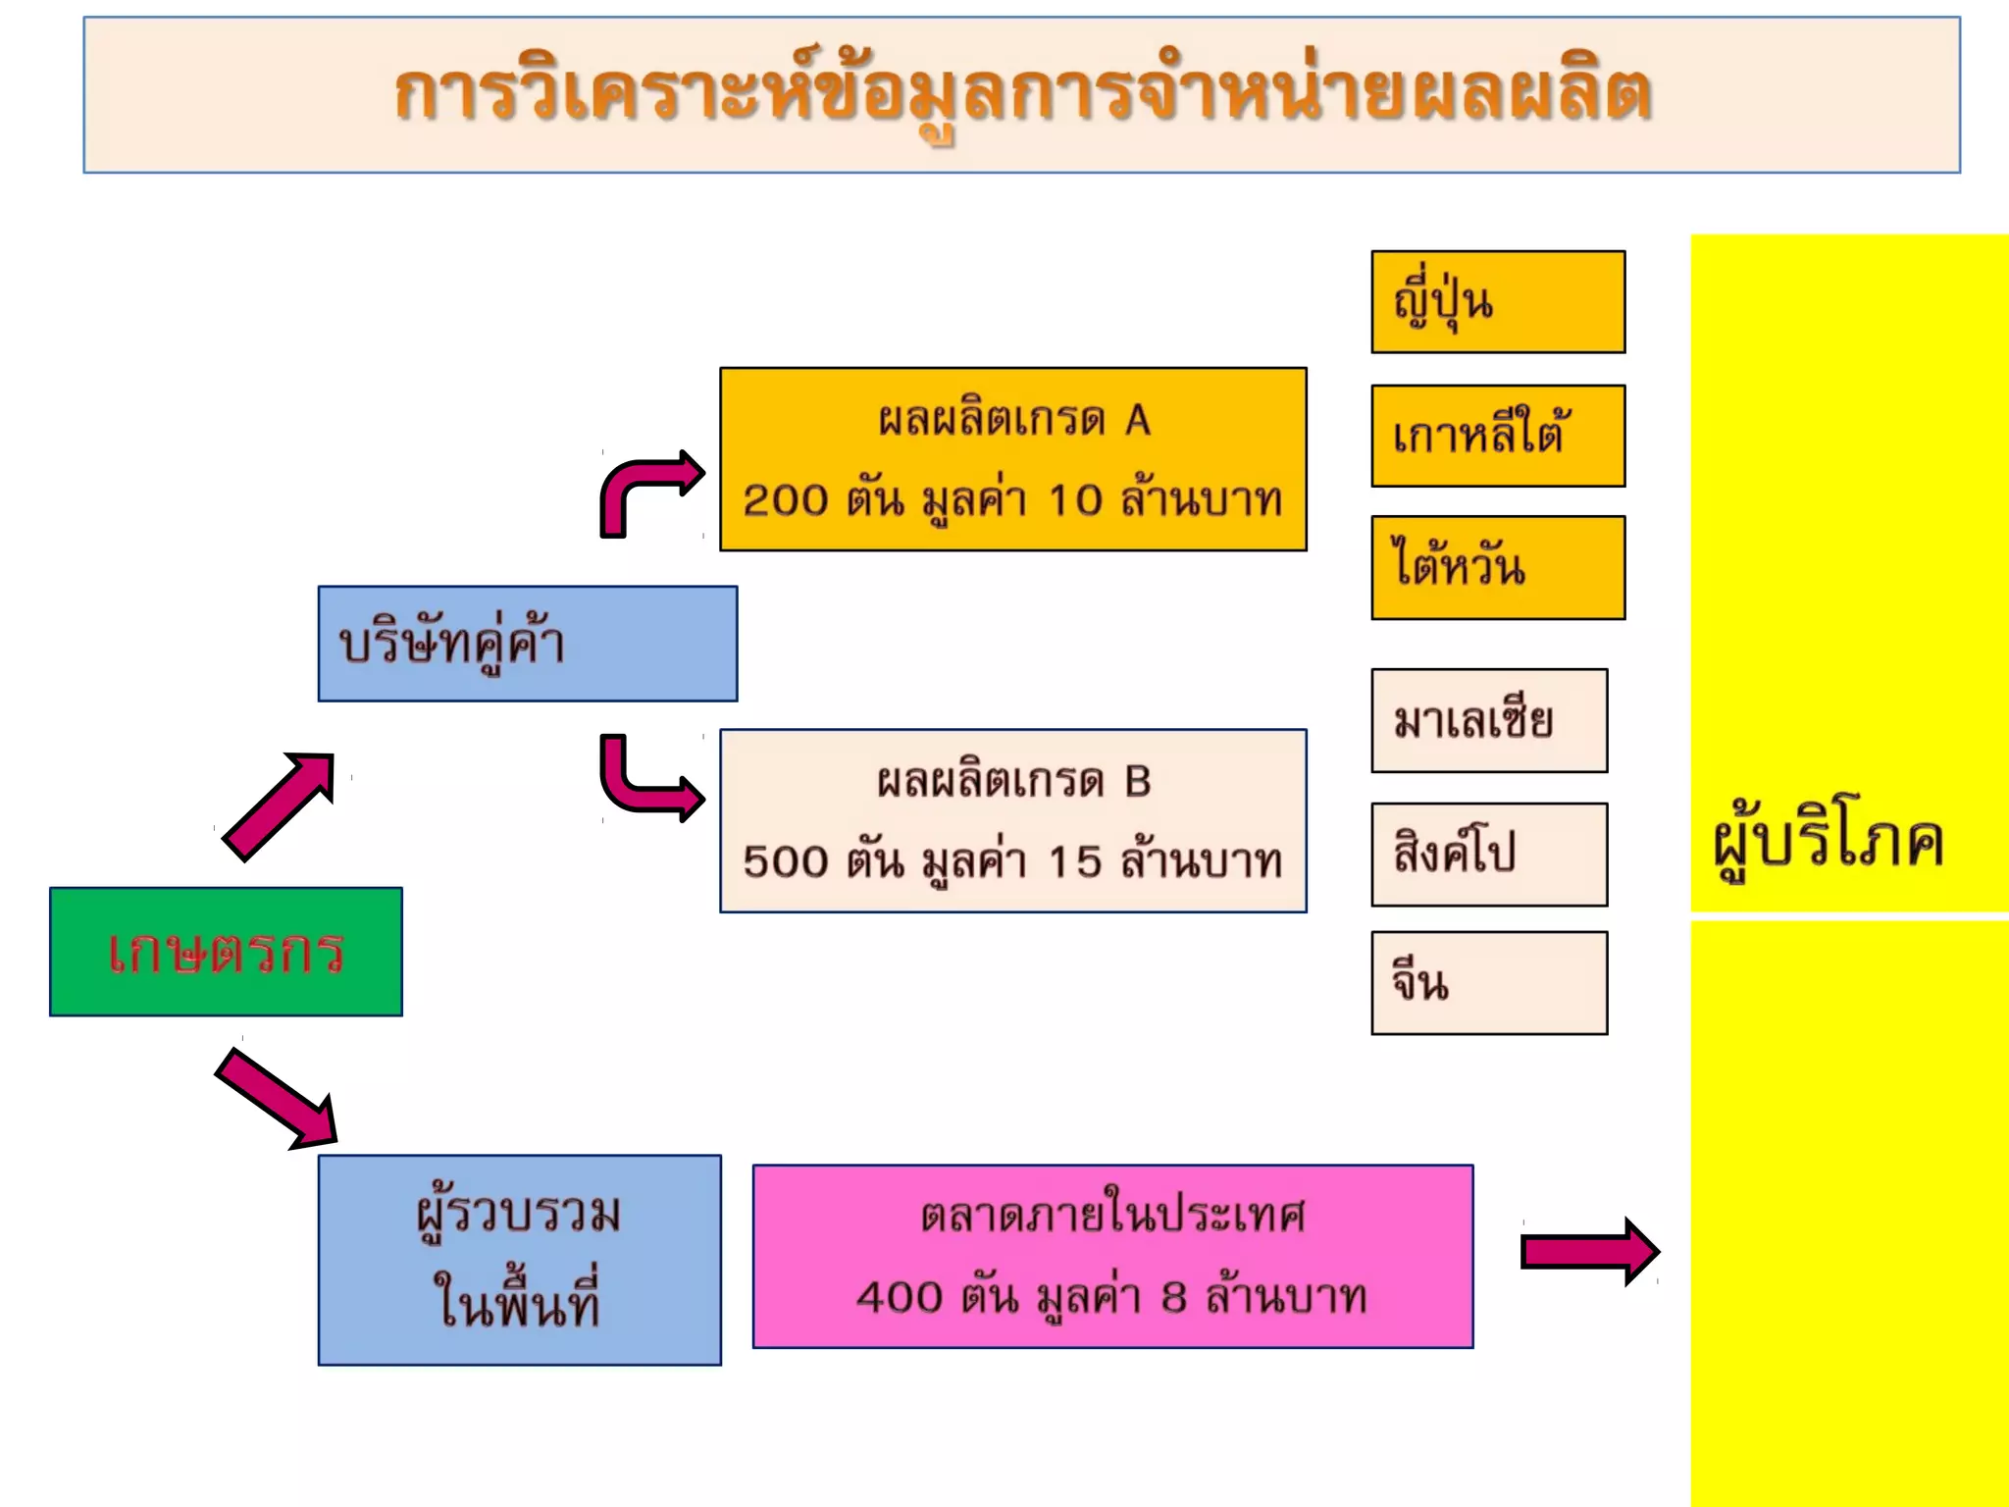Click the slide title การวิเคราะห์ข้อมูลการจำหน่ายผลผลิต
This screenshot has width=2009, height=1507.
coord(1022,95)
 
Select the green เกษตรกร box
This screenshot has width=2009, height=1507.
coord(226,951)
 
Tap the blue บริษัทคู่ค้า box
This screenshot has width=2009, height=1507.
coord(527,644)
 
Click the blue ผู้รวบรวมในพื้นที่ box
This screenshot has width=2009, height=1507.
coord(519,1260)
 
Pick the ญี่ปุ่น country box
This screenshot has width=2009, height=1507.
coord(1497,302)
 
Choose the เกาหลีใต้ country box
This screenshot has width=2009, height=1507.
coord(1497,436)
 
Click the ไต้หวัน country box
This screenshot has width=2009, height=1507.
coord(1497,567)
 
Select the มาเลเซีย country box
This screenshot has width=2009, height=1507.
coord(1488,720)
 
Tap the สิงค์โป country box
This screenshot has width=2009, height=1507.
coord(1488,854)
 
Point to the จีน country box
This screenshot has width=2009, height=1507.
coord(1488,983)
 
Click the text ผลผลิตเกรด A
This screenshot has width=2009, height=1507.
coord(1013,420)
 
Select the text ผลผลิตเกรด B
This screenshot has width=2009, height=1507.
coord(1013,781)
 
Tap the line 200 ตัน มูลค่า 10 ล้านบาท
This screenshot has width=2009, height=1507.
coord(1012,500)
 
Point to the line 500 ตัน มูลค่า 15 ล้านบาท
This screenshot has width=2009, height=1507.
coord(1012,861)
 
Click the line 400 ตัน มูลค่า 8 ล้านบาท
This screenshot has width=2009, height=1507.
coord(1111,1297)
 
